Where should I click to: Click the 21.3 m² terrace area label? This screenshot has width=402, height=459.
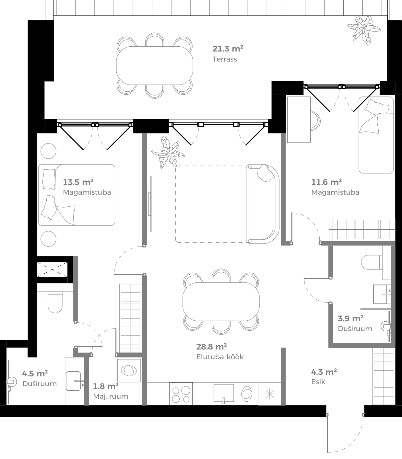[x=228, y=49]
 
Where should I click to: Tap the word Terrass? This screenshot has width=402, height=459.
[x=225, y=59]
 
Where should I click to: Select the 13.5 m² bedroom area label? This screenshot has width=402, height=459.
[x=78, y=182]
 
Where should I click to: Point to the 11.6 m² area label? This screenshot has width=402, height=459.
[x=326, y=182]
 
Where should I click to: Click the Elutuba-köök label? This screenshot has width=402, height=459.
[x=220, y=357]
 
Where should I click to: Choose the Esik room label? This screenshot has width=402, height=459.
[x=318, y=382]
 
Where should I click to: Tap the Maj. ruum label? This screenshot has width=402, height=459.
[x=111, y=396]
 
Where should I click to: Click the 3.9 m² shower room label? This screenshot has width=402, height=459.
[x=350, y=318]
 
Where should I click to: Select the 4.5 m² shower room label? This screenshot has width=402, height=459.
[x=35, y=373]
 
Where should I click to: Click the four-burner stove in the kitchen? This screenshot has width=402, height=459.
[x=181, y=394]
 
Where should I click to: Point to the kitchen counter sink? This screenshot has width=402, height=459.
[x=224, y=393]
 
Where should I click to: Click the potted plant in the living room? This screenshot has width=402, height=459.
[x=168, y=152]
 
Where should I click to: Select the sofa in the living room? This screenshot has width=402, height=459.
[x=263, y=204]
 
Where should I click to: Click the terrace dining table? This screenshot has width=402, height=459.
[x=155, y=66]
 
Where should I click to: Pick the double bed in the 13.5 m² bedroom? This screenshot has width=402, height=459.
[x=77, y=195]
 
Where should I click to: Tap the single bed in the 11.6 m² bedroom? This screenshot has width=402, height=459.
[x=376, y=135]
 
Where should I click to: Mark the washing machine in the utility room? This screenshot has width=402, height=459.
[x=129, y=370]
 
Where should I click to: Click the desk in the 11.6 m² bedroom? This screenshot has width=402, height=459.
[x=299, y=120]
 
